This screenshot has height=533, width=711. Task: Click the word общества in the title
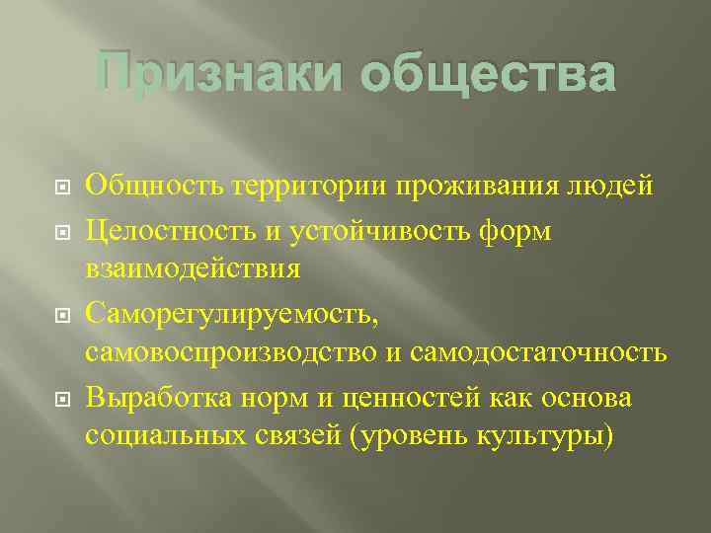(488, 75)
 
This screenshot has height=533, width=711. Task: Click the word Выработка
(152, 399)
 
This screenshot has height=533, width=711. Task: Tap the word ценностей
(406, 399)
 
